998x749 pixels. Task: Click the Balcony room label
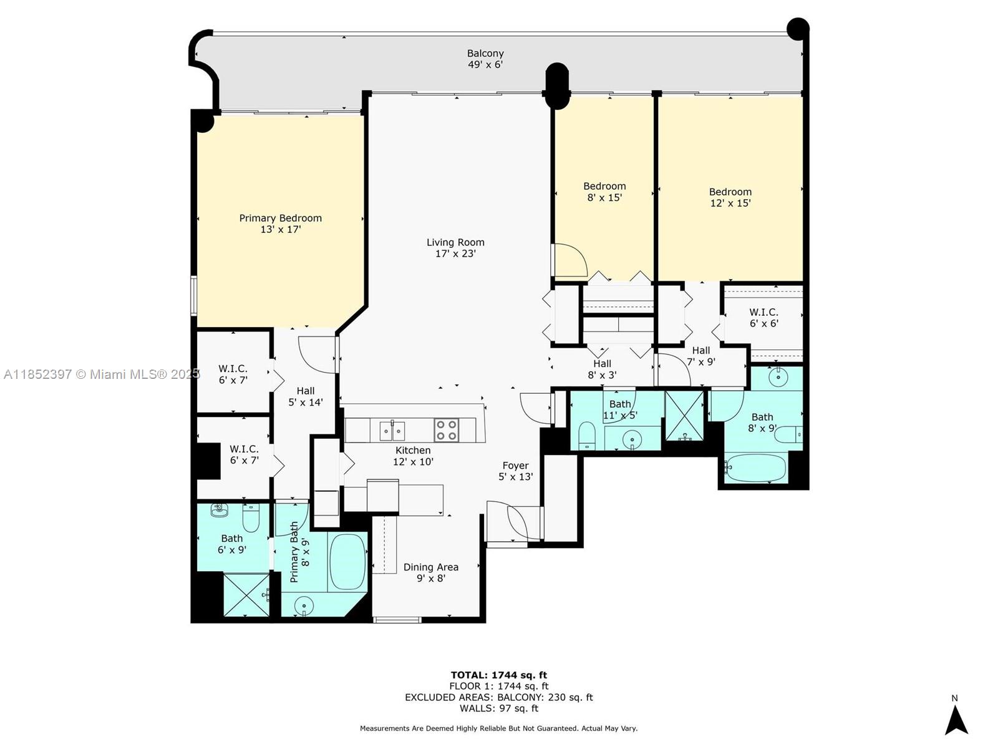485,53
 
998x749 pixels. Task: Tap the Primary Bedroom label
280,218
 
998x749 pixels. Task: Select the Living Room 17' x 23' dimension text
455,254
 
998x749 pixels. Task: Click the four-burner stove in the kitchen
445,430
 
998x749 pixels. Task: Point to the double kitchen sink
392,430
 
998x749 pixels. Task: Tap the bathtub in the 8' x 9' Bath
755,468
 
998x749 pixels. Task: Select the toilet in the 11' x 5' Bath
587,436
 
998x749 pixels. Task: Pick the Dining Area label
430,567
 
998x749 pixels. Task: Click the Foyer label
515,466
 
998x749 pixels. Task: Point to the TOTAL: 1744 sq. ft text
499,675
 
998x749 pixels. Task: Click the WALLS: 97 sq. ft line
499,708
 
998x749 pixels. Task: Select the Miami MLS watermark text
102,374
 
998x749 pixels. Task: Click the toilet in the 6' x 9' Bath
251,517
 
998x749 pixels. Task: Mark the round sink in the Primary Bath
303,606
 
